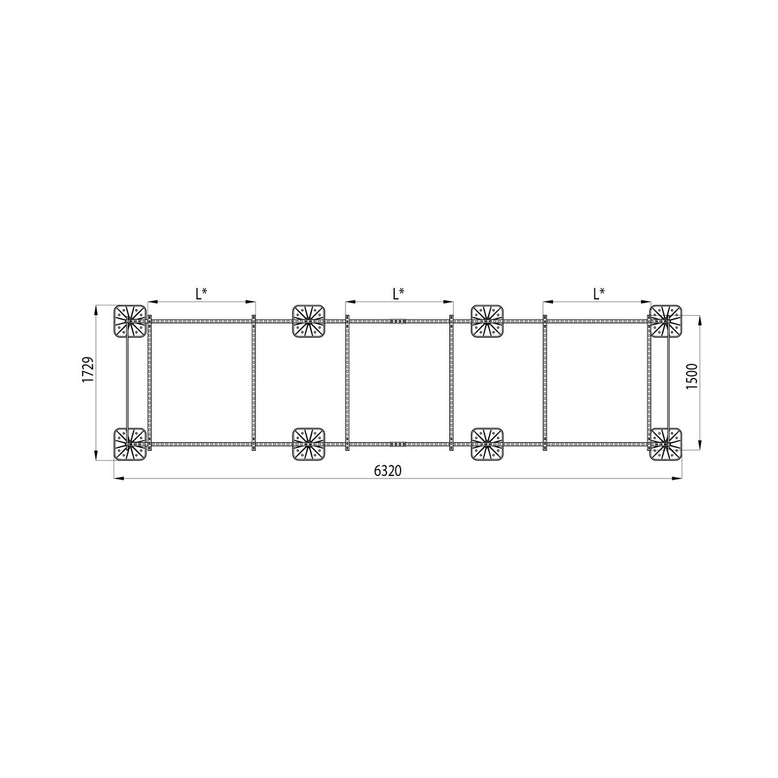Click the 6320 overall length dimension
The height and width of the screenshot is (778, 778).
tap(388, 471)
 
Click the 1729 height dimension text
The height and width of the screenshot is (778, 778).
tap(88, 370)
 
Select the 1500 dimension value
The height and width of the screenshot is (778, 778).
tap(692, 376)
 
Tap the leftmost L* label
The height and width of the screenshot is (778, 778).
tap(202, 294)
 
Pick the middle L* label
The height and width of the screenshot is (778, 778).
tap(399, 294)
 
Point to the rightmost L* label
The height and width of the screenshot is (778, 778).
tap(599, 294)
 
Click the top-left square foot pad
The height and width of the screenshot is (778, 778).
tap(130, 321)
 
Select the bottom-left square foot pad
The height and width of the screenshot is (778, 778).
tap(130, 444)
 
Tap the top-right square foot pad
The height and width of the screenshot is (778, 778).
tap(666, 321)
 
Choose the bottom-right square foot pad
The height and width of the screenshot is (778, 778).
tap(666, 444)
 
